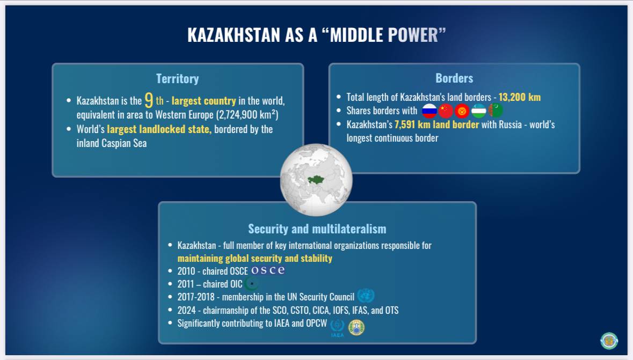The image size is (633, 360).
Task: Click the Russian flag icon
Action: tap(430, 111)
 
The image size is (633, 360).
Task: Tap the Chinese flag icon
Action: tap(446, 111)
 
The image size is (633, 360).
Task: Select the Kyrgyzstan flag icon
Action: tap(462, 111)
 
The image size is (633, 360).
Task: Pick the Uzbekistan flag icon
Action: tap(479, 111)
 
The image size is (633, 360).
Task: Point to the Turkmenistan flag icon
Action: tap(496, 111)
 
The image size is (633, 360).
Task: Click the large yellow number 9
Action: tap(149, 100)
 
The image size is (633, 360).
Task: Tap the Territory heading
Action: tap(178, 79)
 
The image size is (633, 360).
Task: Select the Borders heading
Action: tap(454, 78)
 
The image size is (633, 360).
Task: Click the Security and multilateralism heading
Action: tap(317, 229)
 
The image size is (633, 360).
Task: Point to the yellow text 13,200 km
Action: tap(520, 97)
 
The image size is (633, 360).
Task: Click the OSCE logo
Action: tap(268, 270)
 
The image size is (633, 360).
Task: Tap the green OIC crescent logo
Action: tap(251, 284)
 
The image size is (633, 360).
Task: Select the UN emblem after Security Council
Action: tap(366, 296)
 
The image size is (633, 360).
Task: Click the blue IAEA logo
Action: tap(337, 328)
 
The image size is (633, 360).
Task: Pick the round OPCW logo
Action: tap(356, 328)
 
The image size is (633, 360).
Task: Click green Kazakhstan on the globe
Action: tap(316, 180)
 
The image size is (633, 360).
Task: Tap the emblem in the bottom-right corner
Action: tap(609, 341)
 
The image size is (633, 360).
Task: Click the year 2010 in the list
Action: tap(186, 271)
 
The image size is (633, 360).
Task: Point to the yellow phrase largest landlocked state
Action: tap(159, 129)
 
